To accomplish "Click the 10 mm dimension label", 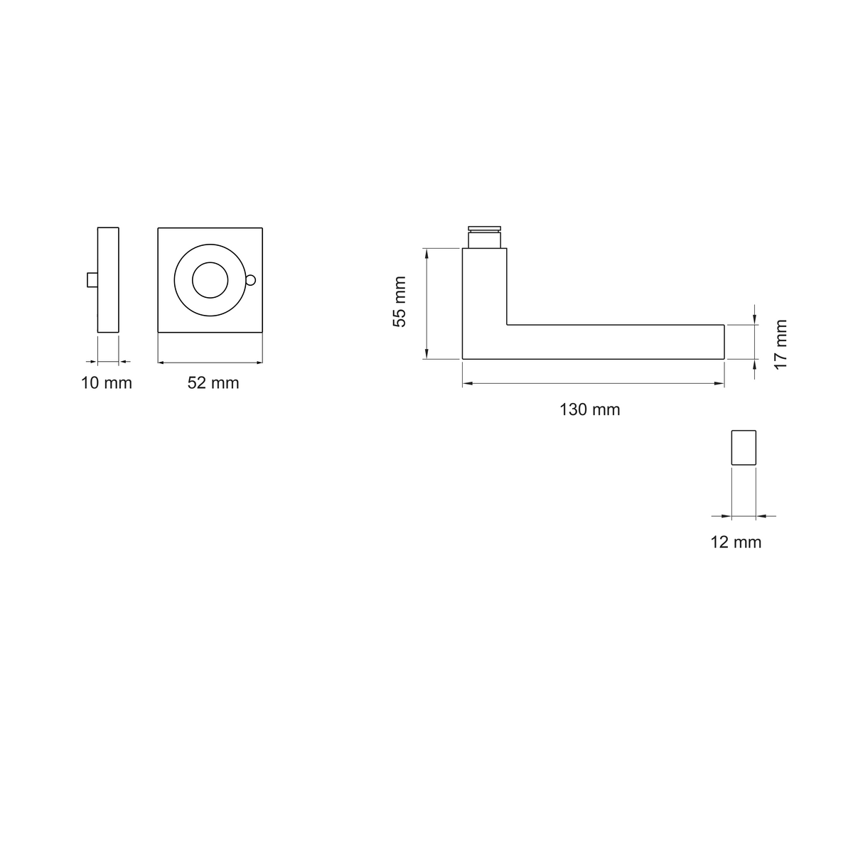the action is [x=106, y=383].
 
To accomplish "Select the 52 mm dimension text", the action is [x=213, y=383].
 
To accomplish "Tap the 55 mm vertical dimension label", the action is [x=399, y=302].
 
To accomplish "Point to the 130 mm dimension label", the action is [x=589, y=410].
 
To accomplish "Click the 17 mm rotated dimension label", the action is [x=780, y=344].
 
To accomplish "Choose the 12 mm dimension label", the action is [x=736, y=542].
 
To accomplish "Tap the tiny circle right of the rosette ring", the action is [x=251, y=280].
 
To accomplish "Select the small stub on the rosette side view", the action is [x=92, y=280].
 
